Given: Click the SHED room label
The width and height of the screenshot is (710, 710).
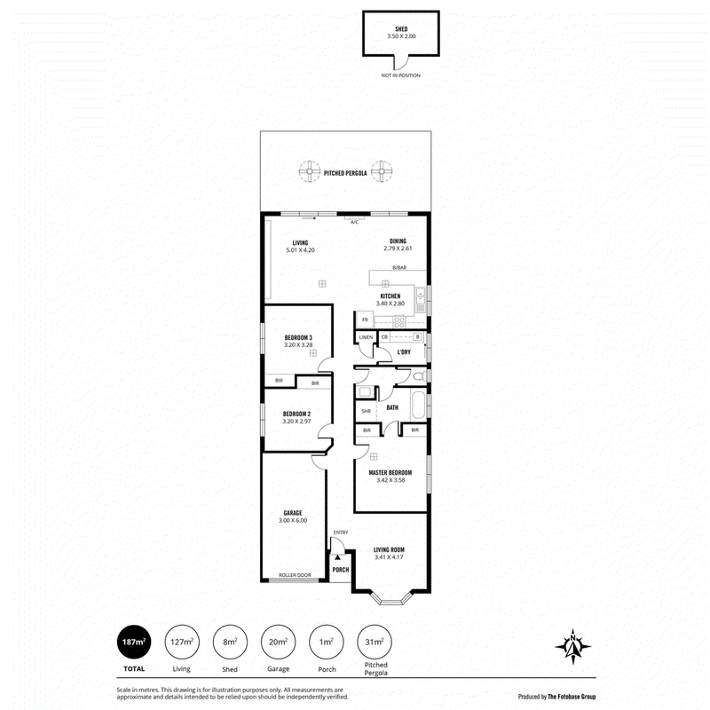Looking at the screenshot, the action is (x=401, y=29).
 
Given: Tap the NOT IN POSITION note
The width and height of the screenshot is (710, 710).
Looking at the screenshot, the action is (x=401, y=75).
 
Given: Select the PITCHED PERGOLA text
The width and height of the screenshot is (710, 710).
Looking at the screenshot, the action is (x=345, y=173).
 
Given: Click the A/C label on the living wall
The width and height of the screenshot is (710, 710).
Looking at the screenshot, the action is (x=354, y=222).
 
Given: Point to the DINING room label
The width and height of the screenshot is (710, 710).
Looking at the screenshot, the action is (x=398, y=241).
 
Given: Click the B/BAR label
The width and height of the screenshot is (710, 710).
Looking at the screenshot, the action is (x=399, y=268).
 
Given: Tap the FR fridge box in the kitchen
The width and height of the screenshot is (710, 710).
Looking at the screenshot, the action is (x=365, y=319).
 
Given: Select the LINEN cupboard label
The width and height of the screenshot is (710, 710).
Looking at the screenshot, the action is (x=366, y=337).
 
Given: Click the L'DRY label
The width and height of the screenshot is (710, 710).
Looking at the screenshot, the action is (x=404, y=351).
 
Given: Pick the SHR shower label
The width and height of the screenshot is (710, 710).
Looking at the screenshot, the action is (x=366, y=411).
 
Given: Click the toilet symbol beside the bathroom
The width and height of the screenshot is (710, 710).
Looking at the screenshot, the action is (x=419, y=375).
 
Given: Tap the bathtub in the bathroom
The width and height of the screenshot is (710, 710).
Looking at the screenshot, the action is (x=418, y=406).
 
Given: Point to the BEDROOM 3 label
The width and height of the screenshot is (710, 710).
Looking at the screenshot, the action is (x=298, y=337).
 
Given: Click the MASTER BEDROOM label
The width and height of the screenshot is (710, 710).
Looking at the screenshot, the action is (x=390, y=473).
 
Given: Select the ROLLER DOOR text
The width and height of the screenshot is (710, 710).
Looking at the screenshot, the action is (x=295, y=575).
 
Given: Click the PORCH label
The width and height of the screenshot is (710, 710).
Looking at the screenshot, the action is (x=341, y=570).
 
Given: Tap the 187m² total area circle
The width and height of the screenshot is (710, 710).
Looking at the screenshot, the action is (x=134, y=642).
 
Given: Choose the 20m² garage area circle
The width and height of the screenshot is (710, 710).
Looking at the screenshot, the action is (x=278, y=642).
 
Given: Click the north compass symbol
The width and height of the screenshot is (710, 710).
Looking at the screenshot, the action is (x=573, y=647).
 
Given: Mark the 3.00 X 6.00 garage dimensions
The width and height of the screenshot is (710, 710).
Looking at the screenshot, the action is (x=293, y=520).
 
